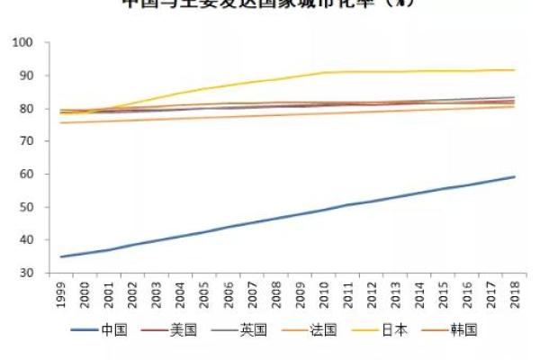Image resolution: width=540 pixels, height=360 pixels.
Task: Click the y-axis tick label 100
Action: click(21, 42)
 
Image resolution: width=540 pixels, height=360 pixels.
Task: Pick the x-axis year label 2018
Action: click(514, 295)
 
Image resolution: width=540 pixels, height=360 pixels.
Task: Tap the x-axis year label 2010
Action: click(323, 295)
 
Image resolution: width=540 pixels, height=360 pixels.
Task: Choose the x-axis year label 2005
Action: click(204, 295)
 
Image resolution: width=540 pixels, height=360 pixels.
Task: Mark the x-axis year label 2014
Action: click(418, 295)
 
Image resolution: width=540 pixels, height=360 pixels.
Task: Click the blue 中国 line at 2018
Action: click(514, 176)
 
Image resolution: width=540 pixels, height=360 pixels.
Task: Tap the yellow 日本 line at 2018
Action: click(514, 70)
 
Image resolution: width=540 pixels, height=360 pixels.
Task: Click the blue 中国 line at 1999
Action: click(62, 256)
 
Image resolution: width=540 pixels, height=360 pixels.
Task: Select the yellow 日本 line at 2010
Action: click(323, 73)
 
